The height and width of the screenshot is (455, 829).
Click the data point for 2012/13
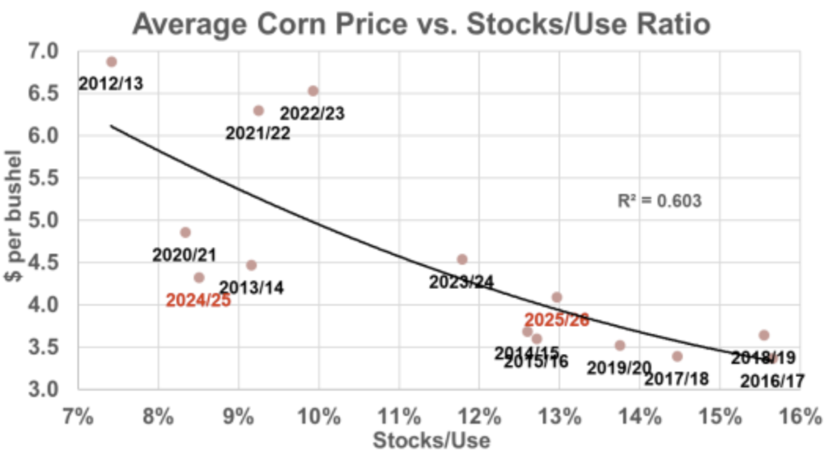(112, 62)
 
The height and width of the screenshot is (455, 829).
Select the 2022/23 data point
(313, 91)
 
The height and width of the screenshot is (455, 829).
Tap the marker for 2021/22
(258, 110)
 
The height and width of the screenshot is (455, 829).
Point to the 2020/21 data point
(185, 232)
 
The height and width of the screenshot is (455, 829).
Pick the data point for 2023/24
(462, 259)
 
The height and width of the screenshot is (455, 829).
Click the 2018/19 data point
(763, 334)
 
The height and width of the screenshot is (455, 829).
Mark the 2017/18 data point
(677, 356)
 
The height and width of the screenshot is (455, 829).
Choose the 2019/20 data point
(620, 345)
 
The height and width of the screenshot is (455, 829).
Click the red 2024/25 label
(198, 300)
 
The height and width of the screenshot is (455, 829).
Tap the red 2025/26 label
(556, 320)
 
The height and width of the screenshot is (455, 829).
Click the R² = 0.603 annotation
(660, 199)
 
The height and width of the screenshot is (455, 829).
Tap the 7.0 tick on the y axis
(44, 52)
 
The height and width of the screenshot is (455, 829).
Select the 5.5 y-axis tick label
(44, 178)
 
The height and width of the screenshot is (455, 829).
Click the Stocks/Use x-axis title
(432, 440)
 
